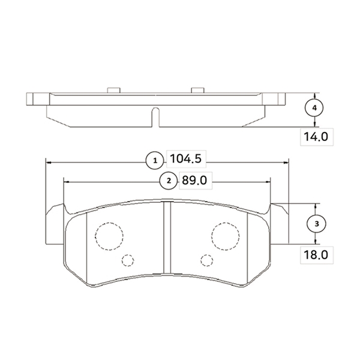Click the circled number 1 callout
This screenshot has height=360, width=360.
coord(155,160)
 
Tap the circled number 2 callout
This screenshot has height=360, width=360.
coord(169,181)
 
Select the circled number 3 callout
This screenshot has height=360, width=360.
coord(317,224)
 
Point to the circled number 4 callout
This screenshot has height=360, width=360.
coord(314,107)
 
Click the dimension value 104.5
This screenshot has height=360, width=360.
coord(186,158)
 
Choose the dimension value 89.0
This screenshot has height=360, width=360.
coord(194,181)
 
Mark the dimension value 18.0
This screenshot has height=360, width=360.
coord(316,255)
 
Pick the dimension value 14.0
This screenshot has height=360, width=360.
coord(316,137)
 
